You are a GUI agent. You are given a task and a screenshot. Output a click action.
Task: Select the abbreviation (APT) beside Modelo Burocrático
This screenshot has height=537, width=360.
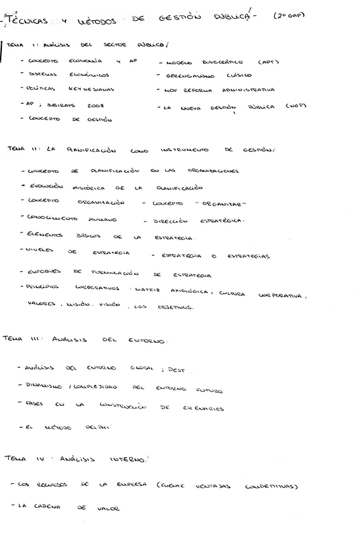(269, 62)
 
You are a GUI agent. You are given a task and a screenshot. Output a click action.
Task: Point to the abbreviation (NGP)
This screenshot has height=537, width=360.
(295, 106)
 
